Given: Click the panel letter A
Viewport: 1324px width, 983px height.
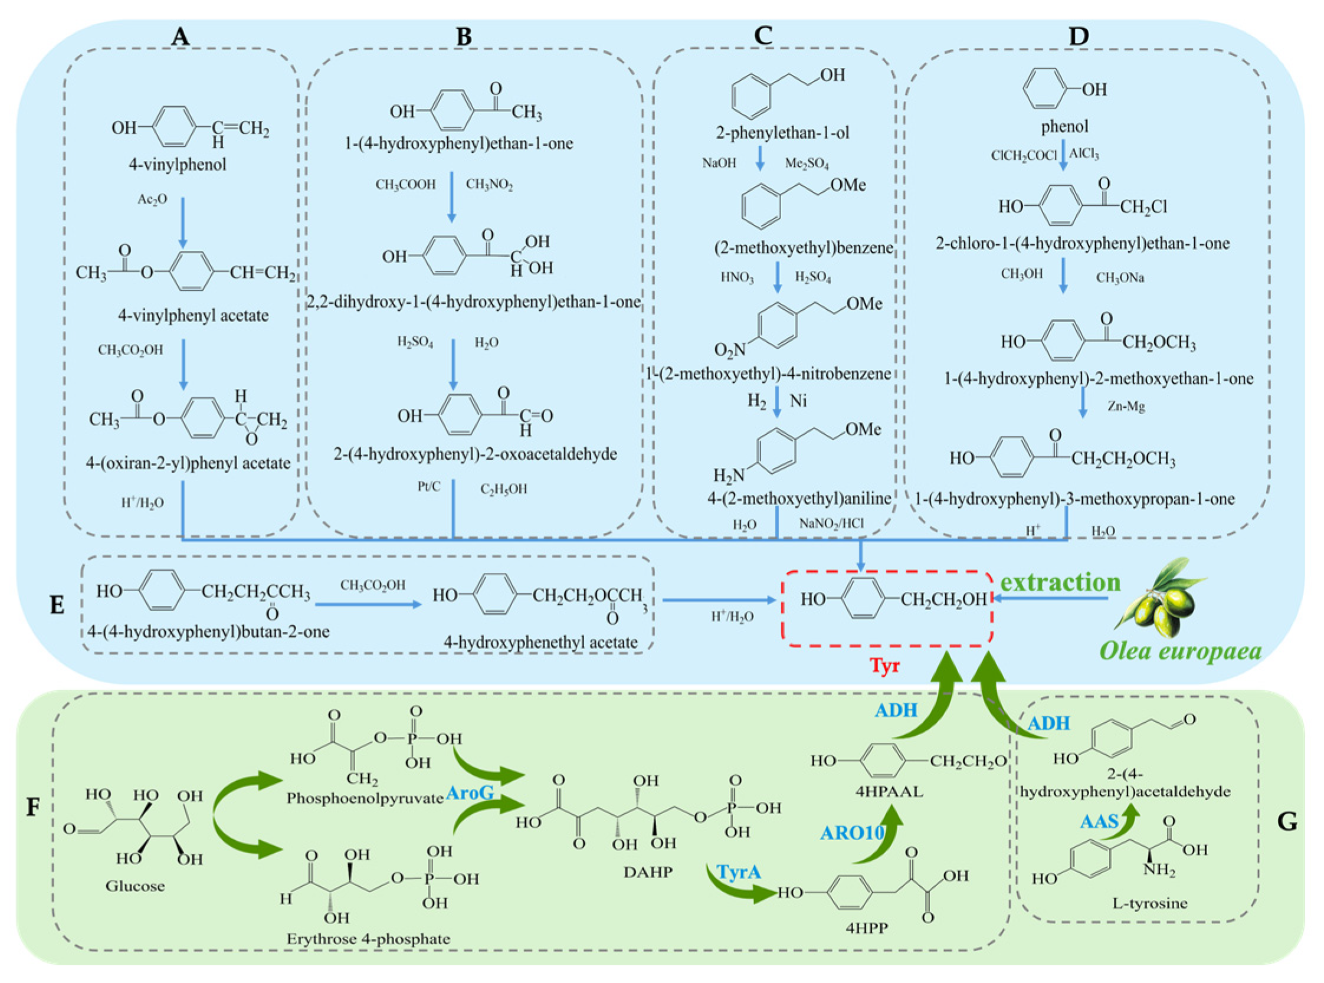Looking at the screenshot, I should pos(180,37).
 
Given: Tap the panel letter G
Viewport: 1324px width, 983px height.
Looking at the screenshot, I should pos(1286,822).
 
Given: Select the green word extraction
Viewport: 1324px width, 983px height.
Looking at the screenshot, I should pos(1060,582).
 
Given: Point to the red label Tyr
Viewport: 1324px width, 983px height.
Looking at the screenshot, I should pos(884,665).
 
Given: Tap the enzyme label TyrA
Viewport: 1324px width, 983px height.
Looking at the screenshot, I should pos(739,872).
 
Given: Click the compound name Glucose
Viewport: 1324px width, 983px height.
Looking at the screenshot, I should pos(135,886).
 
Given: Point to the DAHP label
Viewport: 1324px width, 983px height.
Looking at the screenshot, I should pos(648,872).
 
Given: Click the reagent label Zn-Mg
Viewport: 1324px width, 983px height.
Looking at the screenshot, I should pos(1126,407).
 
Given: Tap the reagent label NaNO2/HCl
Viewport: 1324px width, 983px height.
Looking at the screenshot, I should pos(831,523).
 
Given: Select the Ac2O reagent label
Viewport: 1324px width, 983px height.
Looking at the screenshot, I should pos(152,199).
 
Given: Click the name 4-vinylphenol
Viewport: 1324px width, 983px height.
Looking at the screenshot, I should pos(178,165).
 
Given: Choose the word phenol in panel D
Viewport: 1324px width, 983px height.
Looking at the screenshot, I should pos(1064,126).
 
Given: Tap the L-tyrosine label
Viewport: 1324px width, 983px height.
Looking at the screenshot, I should pos(1149,903).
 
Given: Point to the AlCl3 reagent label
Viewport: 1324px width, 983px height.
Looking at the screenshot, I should pos(1084,154).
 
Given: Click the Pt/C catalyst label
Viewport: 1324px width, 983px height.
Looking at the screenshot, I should pos(428,487).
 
